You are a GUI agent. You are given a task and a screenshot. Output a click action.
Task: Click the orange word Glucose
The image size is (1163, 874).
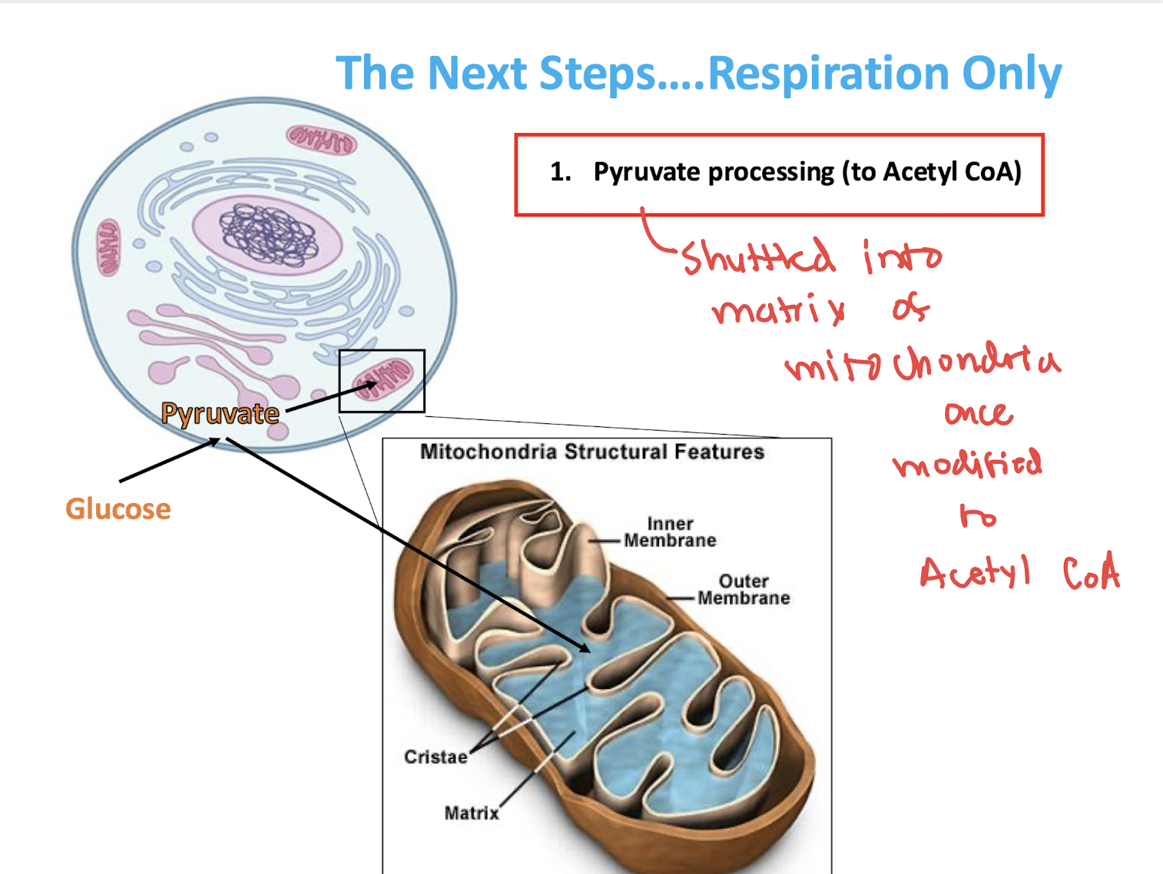point(118,508)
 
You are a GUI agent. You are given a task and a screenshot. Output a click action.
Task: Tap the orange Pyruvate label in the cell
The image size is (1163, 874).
point(220,414)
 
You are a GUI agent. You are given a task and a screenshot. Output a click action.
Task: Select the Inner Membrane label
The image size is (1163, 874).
point(670,532)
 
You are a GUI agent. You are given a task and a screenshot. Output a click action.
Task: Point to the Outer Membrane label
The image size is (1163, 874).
point(743,590)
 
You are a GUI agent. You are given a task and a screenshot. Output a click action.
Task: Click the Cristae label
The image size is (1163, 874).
point(436,757)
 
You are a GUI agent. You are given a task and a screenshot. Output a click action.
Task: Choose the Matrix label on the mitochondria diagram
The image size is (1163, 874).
point(471,813)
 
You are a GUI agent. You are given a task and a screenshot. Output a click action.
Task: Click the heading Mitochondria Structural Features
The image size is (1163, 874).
point(591,452)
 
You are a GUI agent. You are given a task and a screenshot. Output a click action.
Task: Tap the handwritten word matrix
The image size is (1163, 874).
point(778,310)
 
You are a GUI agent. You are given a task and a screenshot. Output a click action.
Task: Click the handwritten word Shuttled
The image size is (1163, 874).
point(757,257)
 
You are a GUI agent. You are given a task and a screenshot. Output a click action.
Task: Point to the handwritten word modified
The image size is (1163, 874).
point(967,463)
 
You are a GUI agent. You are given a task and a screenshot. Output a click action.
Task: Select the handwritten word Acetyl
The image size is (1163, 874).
point(974,572)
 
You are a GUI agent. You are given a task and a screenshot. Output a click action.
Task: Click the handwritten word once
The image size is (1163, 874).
point(979,414)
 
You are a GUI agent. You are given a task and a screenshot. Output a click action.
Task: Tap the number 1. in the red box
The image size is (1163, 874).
point(560,172)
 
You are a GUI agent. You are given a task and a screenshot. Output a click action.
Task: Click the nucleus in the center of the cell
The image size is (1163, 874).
point(268,233)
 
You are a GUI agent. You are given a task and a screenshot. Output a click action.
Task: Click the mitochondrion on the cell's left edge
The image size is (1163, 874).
point(108,247)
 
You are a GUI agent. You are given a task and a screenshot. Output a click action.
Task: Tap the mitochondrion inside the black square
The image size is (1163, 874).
point(383,379)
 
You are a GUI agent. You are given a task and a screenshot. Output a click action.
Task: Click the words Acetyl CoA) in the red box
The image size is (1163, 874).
point(952,172)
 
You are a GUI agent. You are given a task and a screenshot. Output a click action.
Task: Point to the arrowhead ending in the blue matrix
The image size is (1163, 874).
point(585,648)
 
